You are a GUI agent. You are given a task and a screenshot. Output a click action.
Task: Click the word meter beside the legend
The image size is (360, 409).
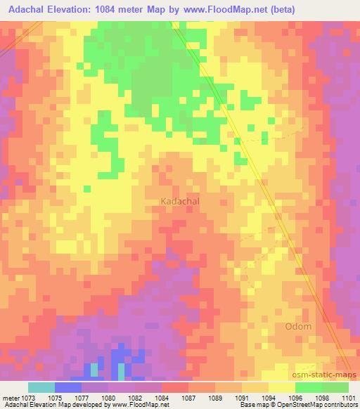tap(11, 397)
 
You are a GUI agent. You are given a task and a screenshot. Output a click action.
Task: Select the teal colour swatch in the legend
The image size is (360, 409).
tap(41, 387)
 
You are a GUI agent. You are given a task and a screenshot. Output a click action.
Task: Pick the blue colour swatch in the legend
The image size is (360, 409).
tap(68, 387)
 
